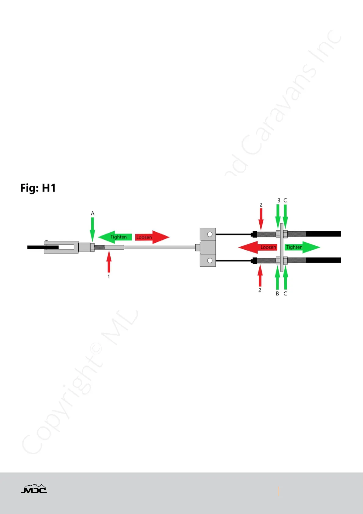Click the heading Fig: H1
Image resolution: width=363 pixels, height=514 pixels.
click(38, 188)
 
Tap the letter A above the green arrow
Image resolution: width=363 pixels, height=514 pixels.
click(93, 213)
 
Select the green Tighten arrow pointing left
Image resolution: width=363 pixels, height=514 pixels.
click(115, 237)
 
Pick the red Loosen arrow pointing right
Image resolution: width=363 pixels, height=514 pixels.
click(152, 237)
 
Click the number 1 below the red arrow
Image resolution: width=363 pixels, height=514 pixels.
click(109, 277)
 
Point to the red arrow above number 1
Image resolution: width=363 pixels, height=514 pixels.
click(109, 262)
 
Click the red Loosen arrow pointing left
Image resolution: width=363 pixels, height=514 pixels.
click(258, 247)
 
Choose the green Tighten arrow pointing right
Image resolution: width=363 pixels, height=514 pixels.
click(302, 247)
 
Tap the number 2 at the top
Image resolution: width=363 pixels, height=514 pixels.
click(261, 205)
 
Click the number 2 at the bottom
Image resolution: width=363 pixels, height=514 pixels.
click(260, 290)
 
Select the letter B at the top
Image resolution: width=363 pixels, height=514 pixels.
click(279, 201)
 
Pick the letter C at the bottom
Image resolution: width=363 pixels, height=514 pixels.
click(285, 294)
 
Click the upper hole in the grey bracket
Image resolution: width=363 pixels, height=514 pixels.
click(210, 234)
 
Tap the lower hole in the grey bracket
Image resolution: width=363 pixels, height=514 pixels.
click(210, 261)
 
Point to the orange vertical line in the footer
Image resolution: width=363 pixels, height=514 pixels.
click(278, 491)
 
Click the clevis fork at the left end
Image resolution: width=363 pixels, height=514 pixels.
click(59, 247)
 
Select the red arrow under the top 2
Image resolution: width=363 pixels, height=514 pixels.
click(261, 219)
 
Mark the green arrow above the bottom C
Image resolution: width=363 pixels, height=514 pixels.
click(286, 278)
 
